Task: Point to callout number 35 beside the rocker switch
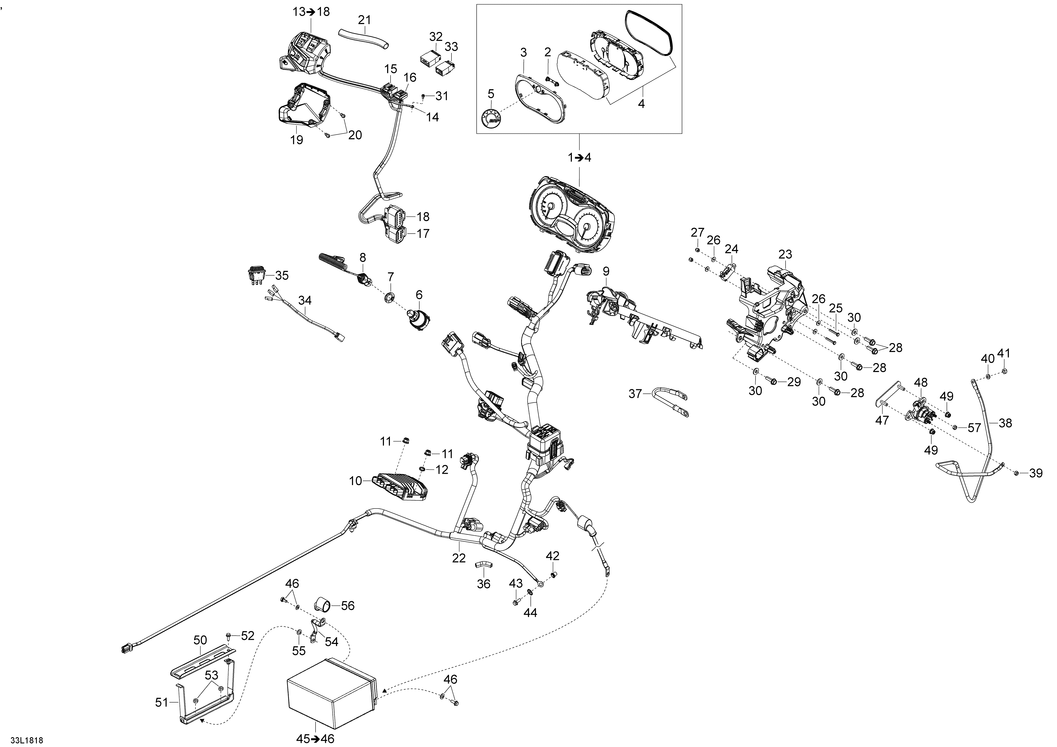tap(282, 276)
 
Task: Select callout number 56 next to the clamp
tap(348, 606)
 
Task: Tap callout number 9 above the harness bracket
tap(606, 271)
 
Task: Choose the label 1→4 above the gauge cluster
tap(579, 158)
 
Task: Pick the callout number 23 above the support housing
tap(785, 254)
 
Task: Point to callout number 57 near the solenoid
tap(974, 428)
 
